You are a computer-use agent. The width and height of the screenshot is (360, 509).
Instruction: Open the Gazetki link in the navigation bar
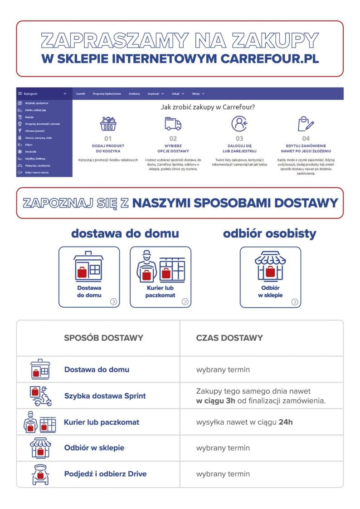coord(81,93)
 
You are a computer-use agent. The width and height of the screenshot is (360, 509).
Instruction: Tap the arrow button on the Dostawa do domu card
coord(113,301)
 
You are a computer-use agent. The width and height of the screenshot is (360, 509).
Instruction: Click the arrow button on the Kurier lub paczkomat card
coord(185,301)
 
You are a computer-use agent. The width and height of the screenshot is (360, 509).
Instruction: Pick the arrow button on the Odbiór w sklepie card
coord(295,301)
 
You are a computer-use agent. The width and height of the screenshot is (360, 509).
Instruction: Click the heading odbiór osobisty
coord(269,234)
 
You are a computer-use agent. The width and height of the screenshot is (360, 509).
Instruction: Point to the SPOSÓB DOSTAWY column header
coord(104,338)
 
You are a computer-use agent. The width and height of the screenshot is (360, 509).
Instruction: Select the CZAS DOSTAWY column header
coord(229,338)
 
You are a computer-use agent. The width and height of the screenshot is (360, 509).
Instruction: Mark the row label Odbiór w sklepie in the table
coord(94,448)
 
